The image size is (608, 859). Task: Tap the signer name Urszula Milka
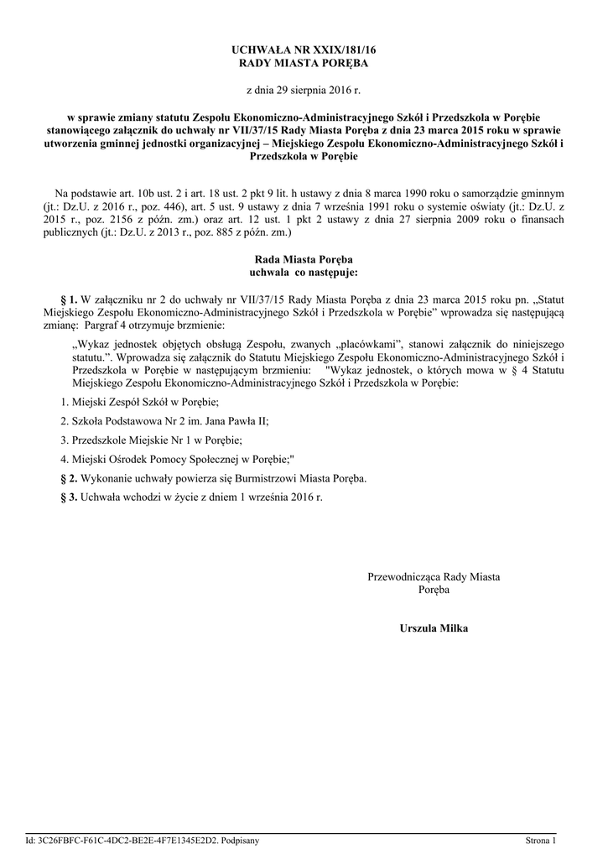click(434, 628)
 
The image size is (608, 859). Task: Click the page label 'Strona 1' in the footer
click(541, 840)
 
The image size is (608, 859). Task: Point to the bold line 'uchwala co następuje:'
click(304, 273)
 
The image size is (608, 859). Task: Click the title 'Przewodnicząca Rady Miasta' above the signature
click(434, 577)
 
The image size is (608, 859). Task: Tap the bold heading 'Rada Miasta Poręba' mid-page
click(304, 261)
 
